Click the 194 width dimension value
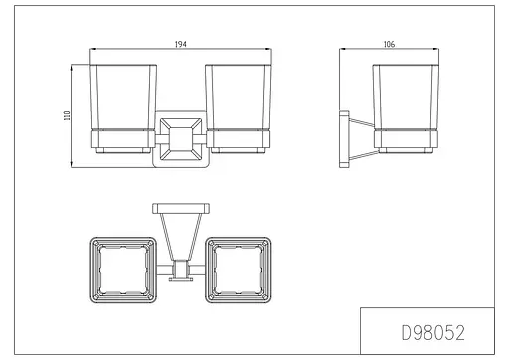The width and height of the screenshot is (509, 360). coord(181,44)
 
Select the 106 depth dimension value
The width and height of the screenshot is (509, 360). coord(389,44)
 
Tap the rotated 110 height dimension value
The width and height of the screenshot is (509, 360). coord(67,115)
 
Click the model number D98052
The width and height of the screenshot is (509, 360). coord(433,332)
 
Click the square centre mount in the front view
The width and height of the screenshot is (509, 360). coord(181,139)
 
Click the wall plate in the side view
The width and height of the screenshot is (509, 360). coord(344,139)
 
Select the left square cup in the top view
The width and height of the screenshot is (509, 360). coord(123,270)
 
